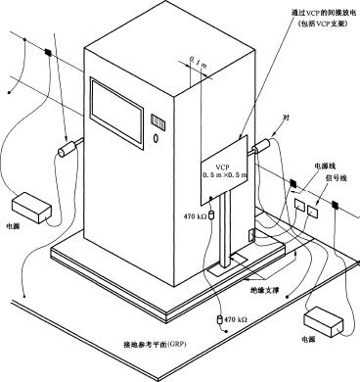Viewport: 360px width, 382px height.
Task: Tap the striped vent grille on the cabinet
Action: coord(158,120)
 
